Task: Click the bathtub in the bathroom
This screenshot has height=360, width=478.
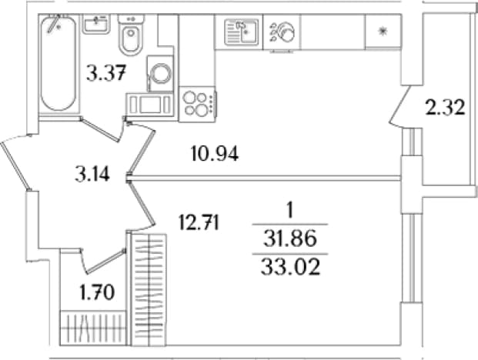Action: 58,64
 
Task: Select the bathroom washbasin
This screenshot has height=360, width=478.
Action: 96,24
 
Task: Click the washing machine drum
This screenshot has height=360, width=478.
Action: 161,73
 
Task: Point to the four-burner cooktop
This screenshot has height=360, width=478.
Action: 198,105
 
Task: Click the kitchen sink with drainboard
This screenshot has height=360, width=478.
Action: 241,32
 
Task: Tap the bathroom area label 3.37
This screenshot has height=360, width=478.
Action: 106,74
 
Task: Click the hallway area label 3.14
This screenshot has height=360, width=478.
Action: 92,175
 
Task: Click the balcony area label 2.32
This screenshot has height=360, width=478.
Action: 445,108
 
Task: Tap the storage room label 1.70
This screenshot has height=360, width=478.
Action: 97,292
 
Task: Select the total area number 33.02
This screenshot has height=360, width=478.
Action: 290,268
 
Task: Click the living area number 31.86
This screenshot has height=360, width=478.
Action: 290,238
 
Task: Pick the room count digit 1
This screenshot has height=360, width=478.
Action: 290,211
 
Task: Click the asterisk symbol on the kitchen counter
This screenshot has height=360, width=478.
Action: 383,31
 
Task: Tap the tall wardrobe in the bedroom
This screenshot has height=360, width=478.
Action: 148,290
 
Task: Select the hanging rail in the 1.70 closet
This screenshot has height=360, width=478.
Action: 93,328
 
